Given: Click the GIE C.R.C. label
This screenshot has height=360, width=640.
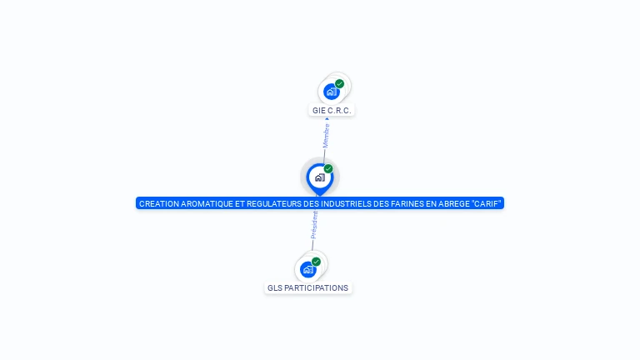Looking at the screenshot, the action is [332, 110].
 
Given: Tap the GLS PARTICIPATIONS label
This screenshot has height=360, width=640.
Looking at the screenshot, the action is [307, 287].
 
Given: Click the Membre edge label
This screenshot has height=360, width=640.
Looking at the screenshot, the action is [326, 136].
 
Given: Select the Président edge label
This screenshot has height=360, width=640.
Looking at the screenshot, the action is [314, 225].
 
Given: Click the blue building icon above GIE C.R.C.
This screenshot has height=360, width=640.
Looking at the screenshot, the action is [332, 92].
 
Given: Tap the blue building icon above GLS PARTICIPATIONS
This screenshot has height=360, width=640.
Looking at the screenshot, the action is [308, 270].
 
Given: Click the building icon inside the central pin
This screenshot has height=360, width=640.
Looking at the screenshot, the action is [320, 177].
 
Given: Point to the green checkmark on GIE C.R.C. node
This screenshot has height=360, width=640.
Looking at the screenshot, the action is [340, 83].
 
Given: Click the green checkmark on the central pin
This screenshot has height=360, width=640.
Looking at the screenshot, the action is [328, 168].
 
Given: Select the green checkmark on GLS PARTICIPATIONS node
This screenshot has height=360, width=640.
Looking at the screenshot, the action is [316, 262].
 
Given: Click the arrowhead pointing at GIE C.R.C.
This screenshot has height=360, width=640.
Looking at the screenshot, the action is [327, 119].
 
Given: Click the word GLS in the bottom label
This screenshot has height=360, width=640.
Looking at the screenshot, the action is [275, 287].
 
